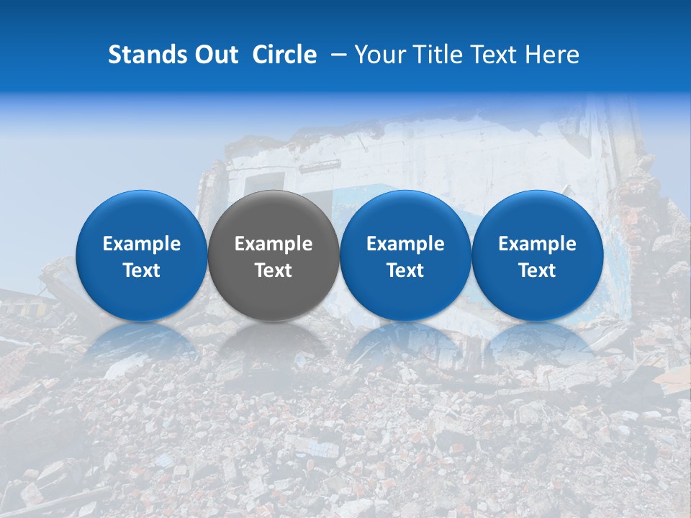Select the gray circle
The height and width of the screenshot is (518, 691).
click(x=274, y=216)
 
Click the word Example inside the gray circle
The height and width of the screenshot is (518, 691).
click(x=274, y=245)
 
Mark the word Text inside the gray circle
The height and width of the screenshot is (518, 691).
click(x=274, y=271)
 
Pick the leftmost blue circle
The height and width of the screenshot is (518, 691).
click(x=141, y=216)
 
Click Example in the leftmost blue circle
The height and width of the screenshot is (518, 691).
click(x=141, y=245)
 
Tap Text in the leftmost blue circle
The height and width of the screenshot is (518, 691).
click(x=141, y=271)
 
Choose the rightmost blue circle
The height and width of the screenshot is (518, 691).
click(x=537, y=216)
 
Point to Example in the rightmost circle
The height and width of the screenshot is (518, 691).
click(x=537, y=245)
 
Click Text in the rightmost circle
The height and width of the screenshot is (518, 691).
click(x=537, y=271)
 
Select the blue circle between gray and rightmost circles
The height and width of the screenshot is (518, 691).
click(x=405, y=216)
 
